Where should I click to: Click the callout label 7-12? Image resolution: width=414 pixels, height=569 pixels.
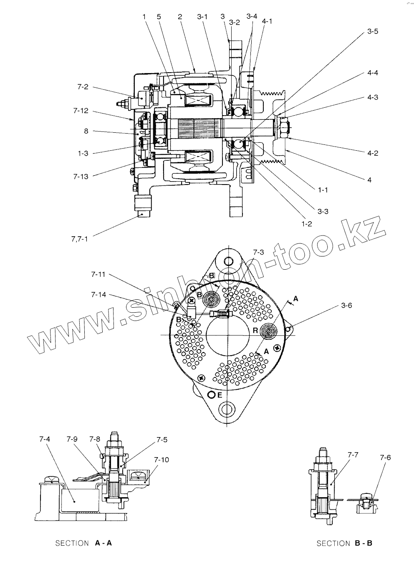pos(81,111)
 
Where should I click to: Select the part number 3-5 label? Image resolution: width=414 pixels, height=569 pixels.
pos(373,31)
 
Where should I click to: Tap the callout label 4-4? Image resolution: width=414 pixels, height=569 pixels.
pos(373,73)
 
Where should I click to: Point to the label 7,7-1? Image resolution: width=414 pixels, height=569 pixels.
pos(79,240)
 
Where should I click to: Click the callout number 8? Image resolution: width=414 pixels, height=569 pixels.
pos(86,131)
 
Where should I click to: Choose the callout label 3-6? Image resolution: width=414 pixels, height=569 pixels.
pos(346,306)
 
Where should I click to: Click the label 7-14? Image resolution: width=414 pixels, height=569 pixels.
pos(98,295)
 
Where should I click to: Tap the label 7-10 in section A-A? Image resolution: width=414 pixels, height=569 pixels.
pos(162,460)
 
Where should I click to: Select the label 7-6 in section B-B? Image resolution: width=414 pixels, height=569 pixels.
pos(385,458)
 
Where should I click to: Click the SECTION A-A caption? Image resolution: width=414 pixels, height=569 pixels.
pos(83,543)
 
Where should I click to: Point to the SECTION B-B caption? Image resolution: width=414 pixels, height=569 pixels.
pos(344,543)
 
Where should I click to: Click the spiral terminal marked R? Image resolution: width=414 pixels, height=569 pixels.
pos(269,331)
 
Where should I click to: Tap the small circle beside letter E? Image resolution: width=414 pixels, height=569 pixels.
pos(212,395)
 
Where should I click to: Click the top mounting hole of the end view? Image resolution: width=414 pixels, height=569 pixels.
pos(228,262)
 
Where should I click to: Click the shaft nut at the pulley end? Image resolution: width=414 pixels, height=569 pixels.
pos(282,127)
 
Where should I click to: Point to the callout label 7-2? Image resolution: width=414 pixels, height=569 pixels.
pos(83,87)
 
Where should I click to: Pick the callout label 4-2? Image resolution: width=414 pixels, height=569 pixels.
pos(373,153)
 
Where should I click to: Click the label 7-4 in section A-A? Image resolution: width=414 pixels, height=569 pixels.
pos(45,439)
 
